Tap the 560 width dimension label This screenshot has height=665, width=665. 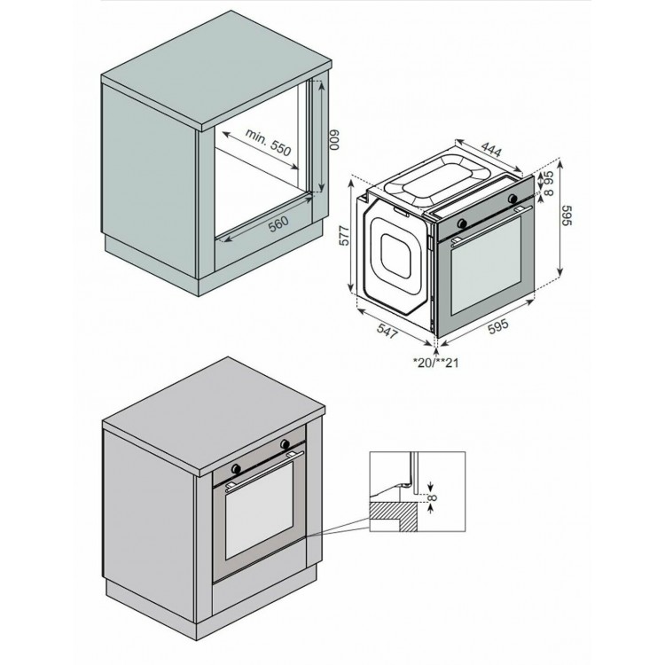click(278, 223)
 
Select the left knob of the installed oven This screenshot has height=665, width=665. click(237, 465)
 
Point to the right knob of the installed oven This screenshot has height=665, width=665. click(286, 442)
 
